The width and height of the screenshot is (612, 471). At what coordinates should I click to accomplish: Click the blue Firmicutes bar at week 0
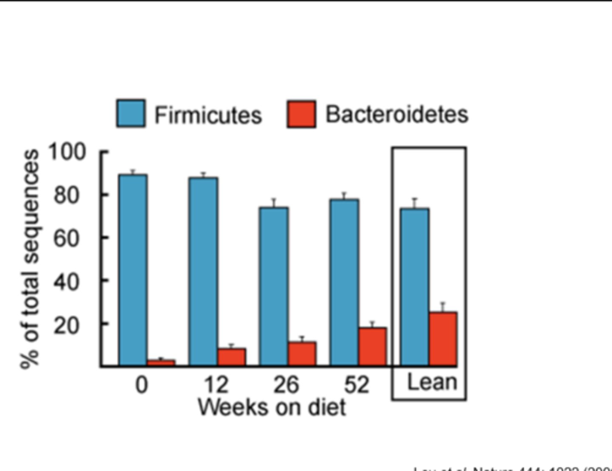pyautogui.click(x=133, y=270)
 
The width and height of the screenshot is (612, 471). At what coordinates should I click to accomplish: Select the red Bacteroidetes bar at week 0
pyautogui.click(x=161, y=363)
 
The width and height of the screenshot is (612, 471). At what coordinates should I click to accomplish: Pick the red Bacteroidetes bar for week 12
pyautogui.click(x=232, y=357)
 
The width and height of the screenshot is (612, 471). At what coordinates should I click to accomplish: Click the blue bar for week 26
pyautogui.click(x=274, y=287)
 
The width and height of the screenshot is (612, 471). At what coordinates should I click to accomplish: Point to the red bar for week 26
pyautogui.click(x=302, y=354)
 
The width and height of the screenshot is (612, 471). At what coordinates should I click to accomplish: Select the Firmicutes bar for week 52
pyautogui.click(x=344, y=282)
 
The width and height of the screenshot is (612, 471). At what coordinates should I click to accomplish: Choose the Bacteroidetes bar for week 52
pyautogui.click(x=372, y=346)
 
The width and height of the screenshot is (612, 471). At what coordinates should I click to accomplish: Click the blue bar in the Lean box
pyautogui.click(x=415, y=287)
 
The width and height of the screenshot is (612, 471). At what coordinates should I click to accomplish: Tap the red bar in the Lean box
pyautogui.click(x=443, y=339)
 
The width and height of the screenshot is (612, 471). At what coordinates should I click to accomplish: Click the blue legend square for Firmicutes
pyautogui.click(x=131, y=113)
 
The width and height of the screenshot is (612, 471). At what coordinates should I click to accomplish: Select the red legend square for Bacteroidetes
pyautogui.click(x=301, y=114)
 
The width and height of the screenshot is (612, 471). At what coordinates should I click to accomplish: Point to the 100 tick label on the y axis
pyautogui.click(x=67, y=152)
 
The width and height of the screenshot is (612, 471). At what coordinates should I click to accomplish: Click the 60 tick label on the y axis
pyautogui.click(x=66, y=238)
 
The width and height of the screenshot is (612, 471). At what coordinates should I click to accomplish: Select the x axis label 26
pyautogui.click(x=286, y=385)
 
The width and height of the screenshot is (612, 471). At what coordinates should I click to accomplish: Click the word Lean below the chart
pyautogui.click(x=432, y=382)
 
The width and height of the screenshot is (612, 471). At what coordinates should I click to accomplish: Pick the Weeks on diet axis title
pyautogui.click(x=272, y=407)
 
